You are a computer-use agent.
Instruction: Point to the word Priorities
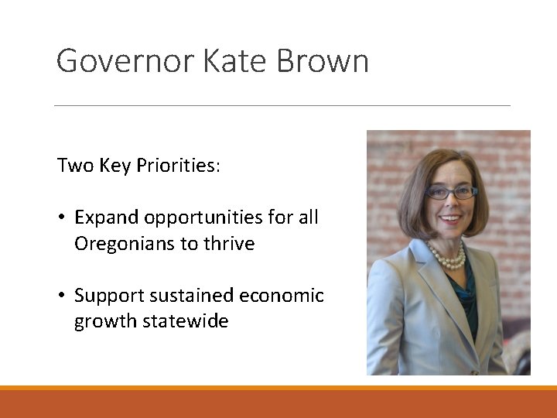coord(179,166)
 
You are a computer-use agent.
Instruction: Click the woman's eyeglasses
coord(453,193)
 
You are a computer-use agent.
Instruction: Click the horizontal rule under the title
coord(282,105)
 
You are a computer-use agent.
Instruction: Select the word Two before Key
coord(75,166)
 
